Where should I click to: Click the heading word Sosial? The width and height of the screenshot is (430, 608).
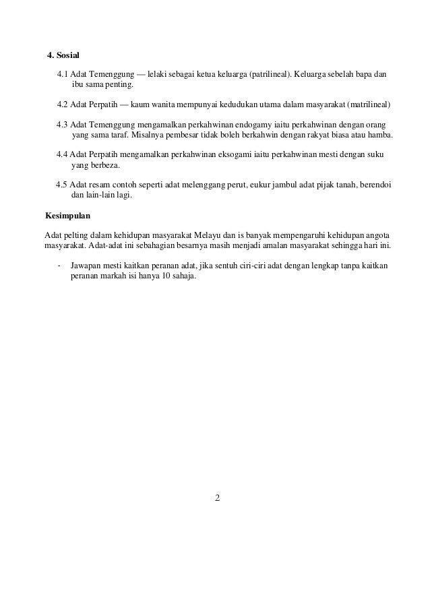tap(67, 55)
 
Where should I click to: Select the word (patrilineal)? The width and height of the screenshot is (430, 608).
tap(270, 73)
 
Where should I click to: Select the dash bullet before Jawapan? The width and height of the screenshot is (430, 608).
tap(60, 265)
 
